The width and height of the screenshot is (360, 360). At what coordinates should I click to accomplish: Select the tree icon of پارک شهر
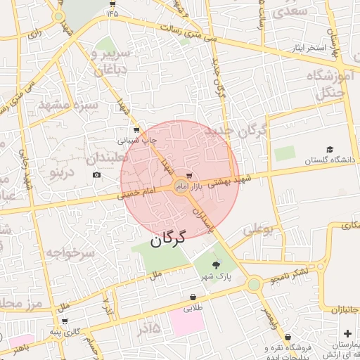tap(216, 264)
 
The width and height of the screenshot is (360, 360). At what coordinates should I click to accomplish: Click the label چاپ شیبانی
tap(141, 140)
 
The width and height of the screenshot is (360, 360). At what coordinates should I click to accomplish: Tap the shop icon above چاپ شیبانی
tap(136, 130)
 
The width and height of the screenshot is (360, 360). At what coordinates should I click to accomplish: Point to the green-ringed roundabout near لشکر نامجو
tap(254, 285)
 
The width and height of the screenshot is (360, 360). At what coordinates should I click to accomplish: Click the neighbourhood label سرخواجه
tap(70, 252)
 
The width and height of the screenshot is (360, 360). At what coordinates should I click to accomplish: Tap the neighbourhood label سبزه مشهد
tap(67, 104)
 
